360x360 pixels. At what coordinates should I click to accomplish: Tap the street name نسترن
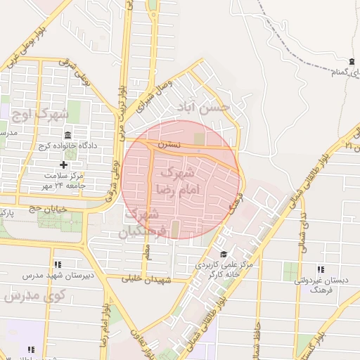pyautogui.click(x=169, y=144)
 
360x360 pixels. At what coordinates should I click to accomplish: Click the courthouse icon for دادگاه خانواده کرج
pyautogui.click(x=68, y=135)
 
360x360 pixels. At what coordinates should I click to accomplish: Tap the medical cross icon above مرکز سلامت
pyautogui.click(x=63, y=163)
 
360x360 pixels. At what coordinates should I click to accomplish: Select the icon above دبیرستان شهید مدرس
pyautogui.click(x=57, y=264)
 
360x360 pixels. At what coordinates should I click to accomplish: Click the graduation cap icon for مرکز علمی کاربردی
pyautogui.click(x=224, y=255)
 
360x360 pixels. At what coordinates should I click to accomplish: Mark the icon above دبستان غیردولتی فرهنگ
pyautogui.click(x=320, y=269)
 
